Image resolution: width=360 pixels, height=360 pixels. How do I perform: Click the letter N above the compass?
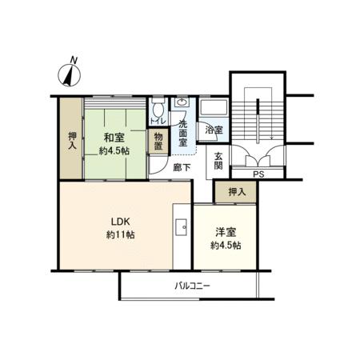(x=74, y=60)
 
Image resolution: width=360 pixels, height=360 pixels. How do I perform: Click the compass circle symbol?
(x=70, y=75)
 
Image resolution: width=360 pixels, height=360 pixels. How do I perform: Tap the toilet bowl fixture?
(x=158, y=107)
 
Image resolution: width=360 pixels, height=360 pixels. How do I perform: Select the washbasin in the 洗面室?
(x=182, y=102)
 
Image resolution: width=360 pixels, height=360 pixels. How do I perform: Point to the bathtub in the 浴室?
(x=214, y=107)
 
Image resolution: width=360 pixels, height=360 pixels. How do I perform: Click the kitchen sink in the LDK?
(x=181, y=227)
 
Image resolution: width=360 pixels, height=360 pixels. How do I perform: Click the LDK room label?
(x=121, y=222)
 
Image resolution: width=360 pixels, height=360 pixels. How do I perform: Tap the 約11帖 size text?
(x=121, y=234)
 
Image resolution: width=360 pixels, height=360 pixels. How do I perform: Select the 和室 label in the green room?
(x=114, y=138)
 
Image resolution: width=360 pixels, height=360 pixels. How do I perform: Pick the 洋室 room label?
(x=226, y=232)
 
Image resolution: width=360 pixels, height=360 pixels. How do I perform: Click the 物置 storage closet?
(x=158, y=142)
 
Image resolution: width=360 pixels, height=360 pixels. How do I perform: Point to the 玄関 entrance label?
(x=218, y=161)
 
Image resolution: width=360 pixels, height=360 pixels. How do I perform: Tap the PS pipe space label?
(x=258, y=174)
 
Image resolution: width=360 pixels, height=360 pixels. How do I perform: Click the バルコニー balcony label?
(x=192, y=286)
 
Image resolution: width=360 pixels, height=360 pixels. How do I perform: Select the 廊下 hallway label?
(x=182, y=167)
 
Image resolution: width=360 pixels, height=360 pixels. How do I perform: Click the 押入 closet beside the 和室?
(x=71, y=138)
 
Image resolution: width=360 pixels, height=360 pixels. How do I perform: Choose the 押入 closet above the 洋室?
(x=236, y=192)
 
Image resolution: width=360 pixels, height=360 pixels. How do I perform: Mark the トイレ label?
(x=158, y=122)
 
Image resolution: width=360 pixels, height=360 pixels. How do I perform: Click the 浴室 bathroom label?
(x=214, y=130)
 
